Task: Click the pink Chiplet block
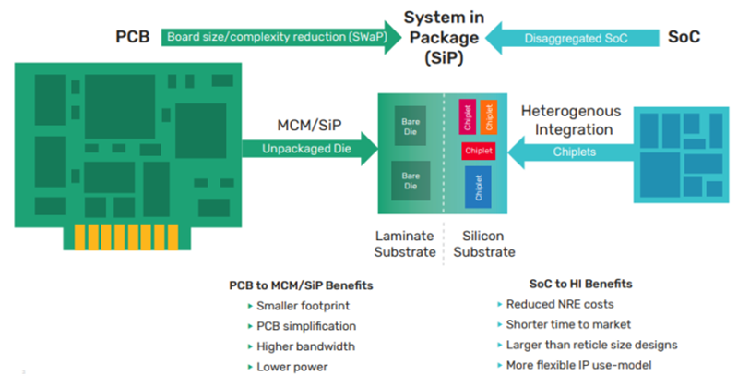point(468,116)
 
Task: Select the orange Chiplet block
point(489,116)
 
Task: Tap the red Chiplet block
point(478,151)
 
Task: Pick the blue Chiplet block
point(478,187)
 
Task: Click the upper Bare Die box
point(411,126)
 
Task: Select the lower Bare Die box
point(411,180)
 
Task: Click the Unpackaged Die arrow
point(310,149)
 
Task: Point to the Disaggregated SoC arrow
point(572,38)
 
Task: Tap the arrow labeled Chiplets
point(572,152)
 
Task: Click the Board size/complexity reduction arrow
point(281,37)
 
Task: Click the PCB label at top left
point(133,37)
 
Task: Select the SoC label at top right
point(684,37)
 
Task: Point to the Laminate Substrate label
point(405,244)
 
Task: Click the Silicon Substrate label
point(483,244)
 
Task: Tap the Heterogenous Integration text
point(571,120)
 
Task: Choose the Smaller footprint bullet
point(303,306)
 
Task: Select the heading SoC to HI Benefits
point(581,284)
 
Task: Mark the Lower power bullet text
point(292,367)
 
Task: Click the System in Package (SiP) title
point(444,38)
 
